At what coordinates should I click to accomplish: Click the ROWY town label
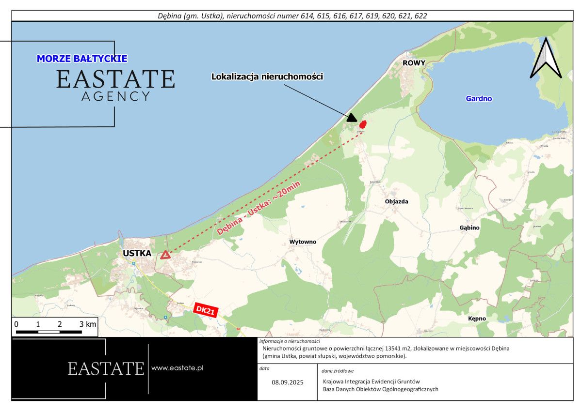[414, 63]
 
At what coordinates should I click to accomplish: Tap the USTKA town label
[137, 253]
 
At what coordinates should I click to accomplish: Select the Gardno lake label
[479, 99]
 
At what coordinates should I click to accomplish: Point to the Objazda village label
[396, 201]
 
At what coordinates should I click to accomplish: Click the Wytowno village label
[303, 242]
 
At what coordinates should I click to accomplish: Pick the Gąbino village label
[469, 228]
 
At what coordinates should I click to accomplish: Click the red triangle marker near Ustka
[165, 255]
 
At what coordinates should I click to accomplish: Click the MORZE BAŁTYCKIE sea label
[82, 59]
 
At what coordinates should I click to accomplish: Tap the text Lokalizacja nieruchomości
[267, 76]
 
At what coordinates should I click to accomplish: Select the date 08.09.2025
[287, 382]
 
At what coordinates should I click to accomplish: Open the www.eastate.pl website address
[177, 368]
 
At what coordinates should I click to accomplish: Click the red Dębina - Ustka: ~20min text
[259, 208]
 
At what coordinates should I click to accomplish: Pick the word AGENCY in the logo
[115, 96]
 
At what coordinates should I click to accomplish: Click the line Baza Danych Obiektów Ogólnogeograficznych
[380, 389]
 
